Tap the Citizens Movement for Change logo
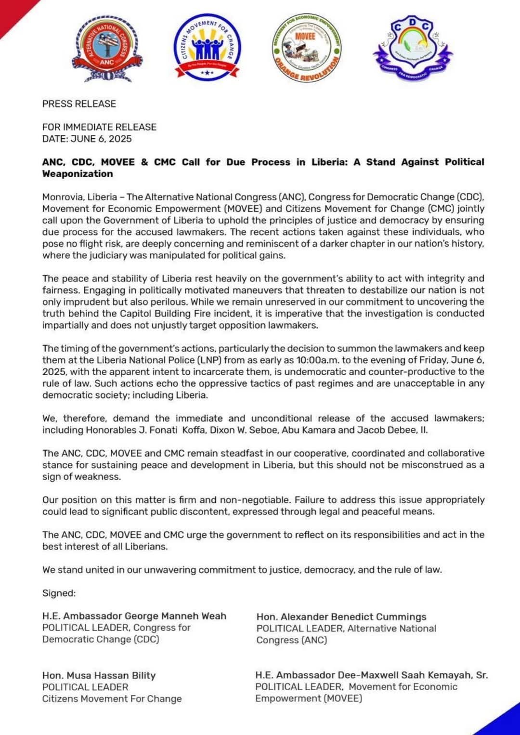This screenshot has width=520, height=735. [207, 47]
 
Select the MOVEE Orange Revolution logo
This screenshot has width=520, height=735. [307, 48]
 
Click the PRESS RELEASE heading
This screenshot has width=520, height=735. [79, 104]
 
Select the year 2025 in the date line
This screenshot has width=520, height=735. [120, 139]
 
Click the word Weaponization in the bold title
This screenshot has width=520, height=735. [78, 174]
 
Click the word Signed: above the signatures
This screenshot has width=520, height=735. [59, 593]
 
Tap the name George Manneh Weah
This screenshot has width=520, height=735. [175, 616]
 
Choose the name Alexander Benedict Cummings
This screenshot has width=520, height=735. [353, 617]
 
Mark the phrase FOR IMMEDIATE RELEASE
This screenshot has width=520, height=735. [99, 127]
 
